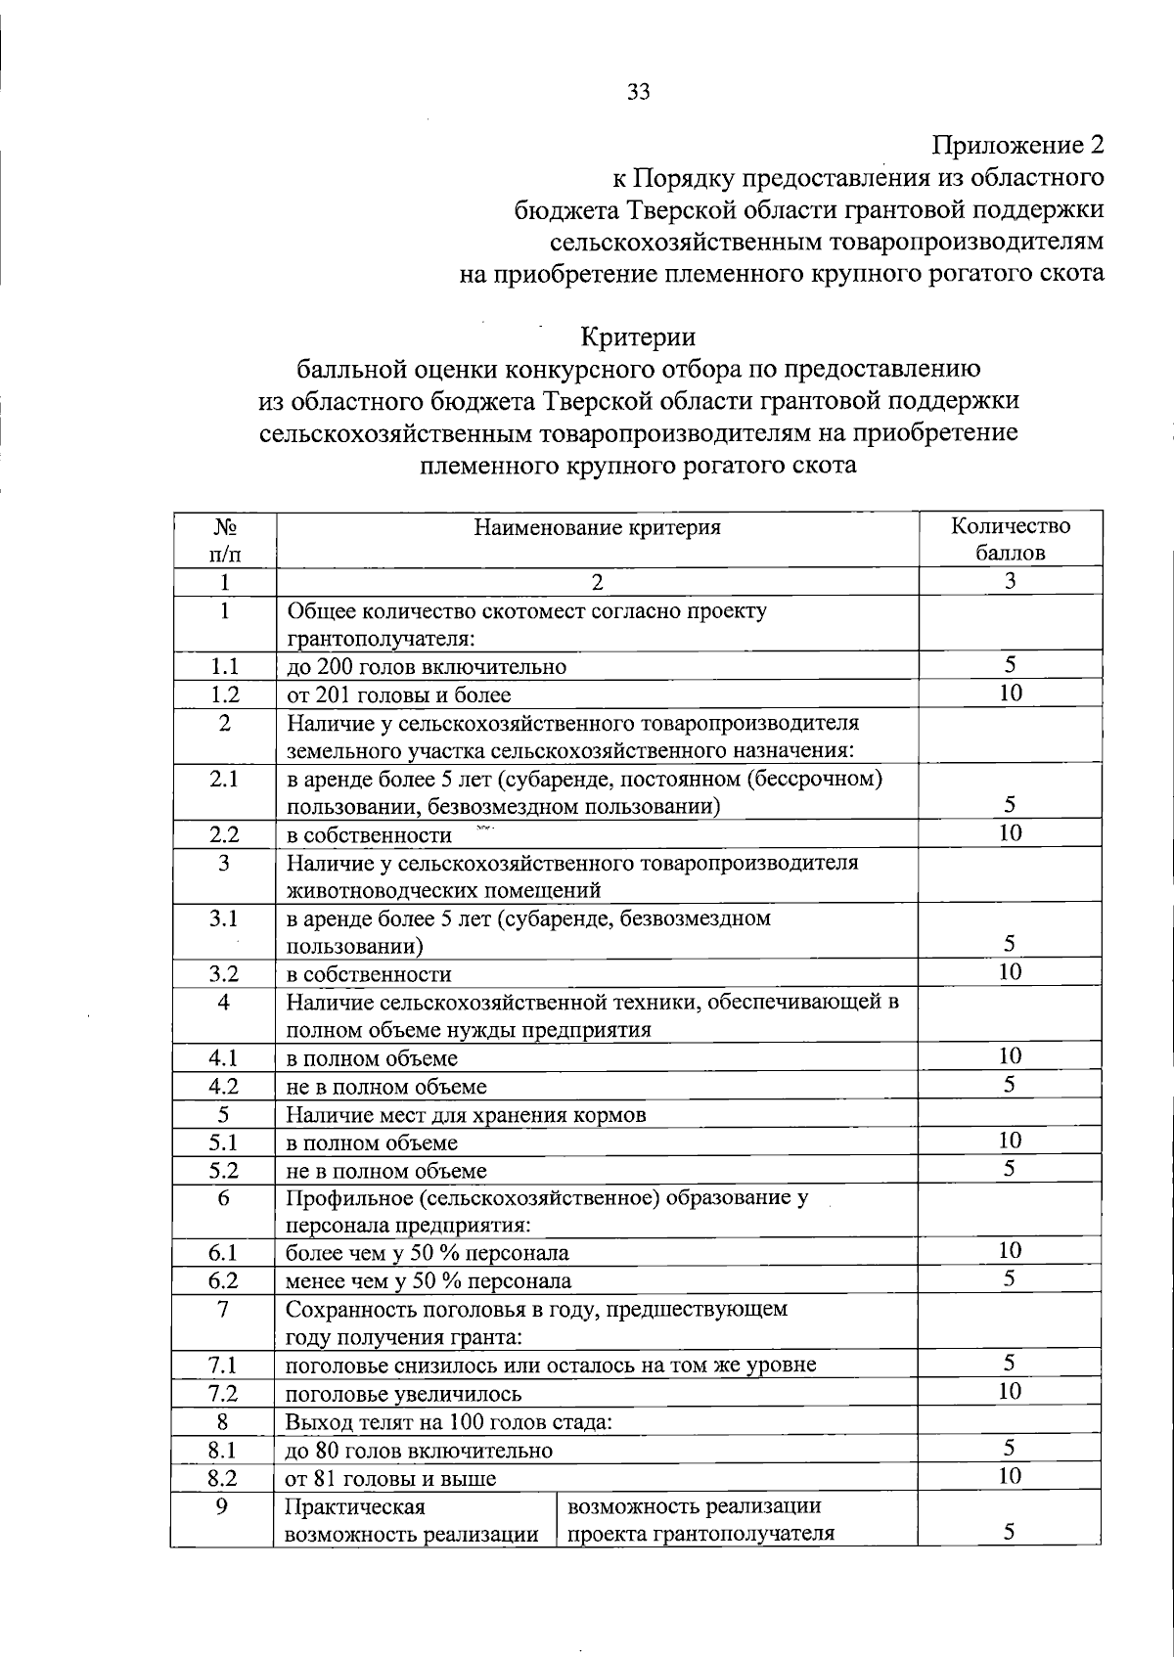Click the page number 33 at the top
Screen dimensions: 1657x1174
(x=638, y=92)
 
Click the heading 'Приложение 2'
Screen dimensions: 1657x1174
(x=1017, y=146)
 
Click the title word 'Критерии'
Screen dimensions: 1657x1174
(x=638, y=336)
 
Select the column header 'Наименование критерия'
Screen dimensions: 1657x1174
(x=597, y=527)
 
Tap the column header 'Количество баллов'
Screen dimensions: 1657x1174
(x=1011, y=539)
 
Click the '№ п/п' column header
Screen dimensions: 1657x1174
(x=224, y=539)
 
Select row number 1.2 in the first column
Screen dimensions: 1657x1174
(x=224, y=694)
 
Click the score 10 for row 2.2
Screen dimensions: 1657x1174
(x=1011, y=832)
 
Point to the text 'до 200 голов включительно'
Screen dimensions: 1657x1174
(x=426, y=667)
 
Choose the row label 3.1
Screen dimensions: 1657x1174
(x=224, y=918)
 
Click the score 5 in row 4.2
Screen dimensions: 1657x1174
(x=1011, y=1084)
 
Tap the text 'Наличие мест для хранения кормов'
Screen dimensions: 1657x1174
(x=466, y=1115)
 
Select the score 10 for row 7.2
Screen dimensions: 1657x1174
(x=1011, y=1391)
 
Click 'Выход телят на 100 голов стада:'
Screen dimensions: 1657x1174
(x=448, y=1421)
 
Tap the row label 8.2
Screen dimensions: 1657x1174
(x=224, y=1478)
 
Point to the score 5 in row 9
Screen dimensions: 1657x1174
(x=1011, y=1533)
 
